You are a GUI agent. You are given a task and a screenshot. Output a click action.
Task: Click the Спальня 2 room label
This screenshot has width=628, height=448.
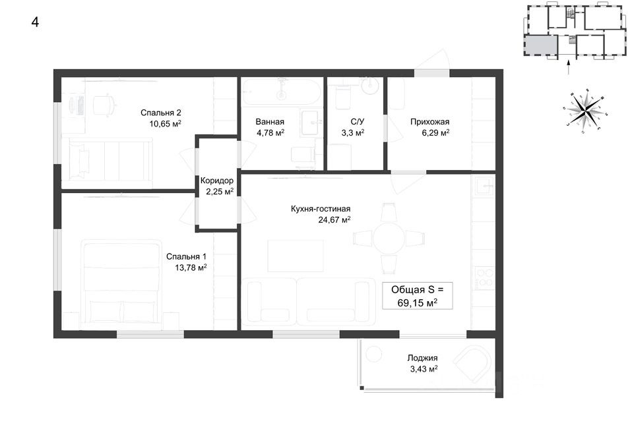click(160, 113)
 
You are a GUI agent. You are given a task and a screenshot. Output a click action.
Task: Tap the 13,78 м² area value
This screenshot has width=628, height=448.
click(191, 267)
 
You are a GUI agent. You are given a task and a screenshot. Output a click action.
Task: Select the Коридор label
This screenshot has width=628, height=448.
click(216, 181)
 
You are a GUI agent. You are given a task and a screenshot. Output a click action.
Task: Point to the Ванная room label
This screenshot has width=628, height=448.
click(270, 122)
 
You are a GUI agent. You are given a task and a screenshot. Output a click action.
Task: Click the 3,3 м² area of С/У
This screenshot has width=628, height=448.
click(353, 132)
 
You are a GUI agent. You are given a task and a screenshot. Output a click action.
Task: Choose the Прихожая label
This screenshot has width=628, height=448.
click(429, 122)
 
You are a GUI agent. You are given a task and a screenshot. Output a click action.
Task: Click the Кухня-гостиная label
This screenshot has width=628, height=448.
click(321, 209)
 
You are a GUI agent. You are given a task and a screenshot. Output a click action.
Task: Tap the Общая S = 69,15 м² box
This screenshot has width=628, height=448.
click(418, 296)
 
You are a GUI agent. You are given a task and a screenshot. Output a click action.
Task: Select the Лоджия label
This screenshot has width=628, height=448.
click(423, 358)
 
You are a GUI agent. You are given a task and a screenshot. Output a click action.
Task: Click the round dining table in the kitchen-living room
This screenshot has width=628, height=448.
click(389, 238)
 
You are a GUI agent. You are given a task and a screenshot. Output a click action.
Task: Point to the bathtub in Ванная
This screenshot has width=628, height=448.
click(281, 92)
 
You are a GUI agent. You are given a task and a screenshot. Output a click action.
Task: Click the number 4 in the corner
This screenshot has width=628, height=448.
click(35, 22)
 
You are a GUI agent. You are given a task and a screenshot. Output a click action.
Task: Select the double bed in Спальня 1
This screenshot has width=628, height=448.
click(122, 285)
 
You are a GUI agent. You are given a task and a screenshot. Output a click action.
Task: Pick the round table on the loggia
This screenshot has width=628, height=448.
click(375, 354)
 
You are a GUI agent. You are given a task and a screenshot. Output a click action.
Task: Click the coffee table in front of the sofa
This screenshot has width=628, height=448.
click(296, 256)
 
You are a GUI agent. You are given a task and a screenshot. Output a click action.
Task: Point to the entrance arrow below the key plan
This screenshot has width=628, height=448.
click(568, 67)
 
